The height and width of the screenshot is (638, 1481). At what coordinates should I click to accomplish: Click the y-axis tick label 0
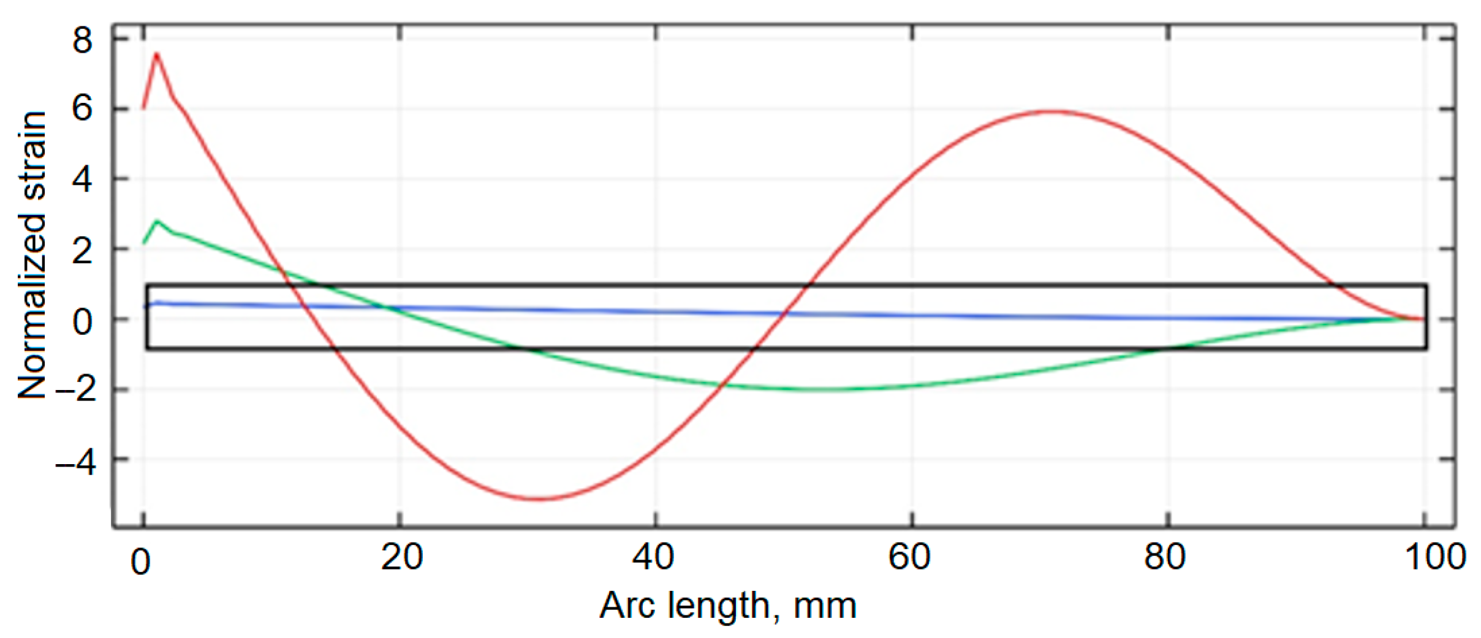(82, 320)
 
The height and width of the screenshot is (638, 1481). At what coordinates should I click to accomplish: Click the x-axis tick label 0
(140, 561)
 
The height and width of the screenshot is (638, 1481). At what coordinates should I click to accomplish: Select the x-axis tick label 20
(401, 557)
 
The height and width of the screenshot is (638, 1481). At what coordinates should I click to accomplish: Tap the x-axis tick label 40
(653, 557)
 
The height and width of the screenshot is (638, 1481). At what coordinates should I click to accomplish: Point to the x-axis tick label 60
(909, 557)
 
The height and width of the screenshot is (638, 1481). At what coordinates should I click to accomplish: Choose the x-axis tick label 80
(1164, 557)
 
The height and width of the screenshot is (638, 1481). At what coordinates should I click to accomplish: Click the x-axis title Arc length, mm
(727, 606)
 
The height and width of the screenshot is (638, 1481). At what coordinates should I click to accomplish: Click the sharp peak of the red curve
(157, 54)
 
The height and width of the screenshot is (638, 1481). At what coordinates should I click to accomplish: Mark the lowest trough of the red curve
(538, 499)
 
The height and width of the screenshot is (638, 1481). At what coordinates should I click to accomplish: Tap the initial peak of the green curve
(157, 221)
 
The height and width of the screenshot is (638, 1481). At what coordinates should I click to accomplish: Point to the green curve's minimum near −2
(821, 389)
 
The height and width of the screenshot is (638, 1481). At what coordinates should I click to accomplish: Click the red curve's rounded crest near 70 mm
(1051, 111)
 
